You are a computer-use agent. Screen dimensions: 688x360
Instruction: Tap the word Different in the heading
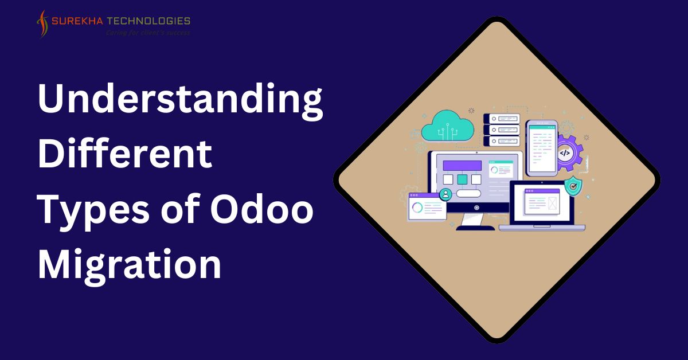point(125,153)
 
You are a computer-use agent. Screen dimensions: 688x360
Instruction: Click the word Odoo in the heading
point(261,209)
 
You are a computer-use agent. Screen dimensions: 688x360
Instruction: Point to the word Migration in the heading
point(130,264)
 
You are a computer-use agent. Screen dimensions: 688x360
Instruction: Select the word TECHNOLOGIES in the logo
point(148,21)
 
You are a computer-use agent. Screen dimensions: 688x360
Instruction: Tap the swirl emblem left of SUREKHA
point(43,24)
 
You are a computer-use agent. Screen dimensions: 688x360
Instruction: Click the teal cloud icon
point(447,126)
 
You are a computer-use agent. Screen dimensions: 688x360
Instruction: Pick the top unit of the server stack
point(502,119)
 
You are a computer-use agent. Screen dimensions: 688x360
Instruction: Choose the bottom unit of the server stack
point(502,141)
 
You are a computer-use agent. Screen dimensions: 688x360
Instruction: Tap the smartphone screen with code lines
point(542,148)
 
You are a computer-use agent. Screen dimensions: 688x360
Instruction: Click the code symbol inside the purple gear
point(565,153)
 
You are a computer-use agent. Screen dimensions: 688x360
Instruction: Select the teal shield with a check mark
point(573,186)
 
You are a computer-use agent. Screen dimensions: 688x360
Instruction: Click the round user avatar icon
point(445,194)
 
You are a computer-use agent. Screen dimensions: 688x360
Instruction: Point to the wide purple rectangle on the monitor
point(462,166)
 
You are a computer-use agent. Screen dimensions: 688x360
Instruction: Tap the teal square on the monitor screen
point(462,179)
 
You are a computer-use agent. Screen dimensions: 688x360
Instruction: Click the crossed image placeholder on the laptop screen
point(552,203)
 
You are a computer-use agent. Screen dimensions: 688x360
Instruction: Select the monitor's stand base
point(475,228)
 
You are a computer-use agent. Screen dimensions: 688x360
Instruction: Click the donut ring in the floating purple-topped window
point(417,208)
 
